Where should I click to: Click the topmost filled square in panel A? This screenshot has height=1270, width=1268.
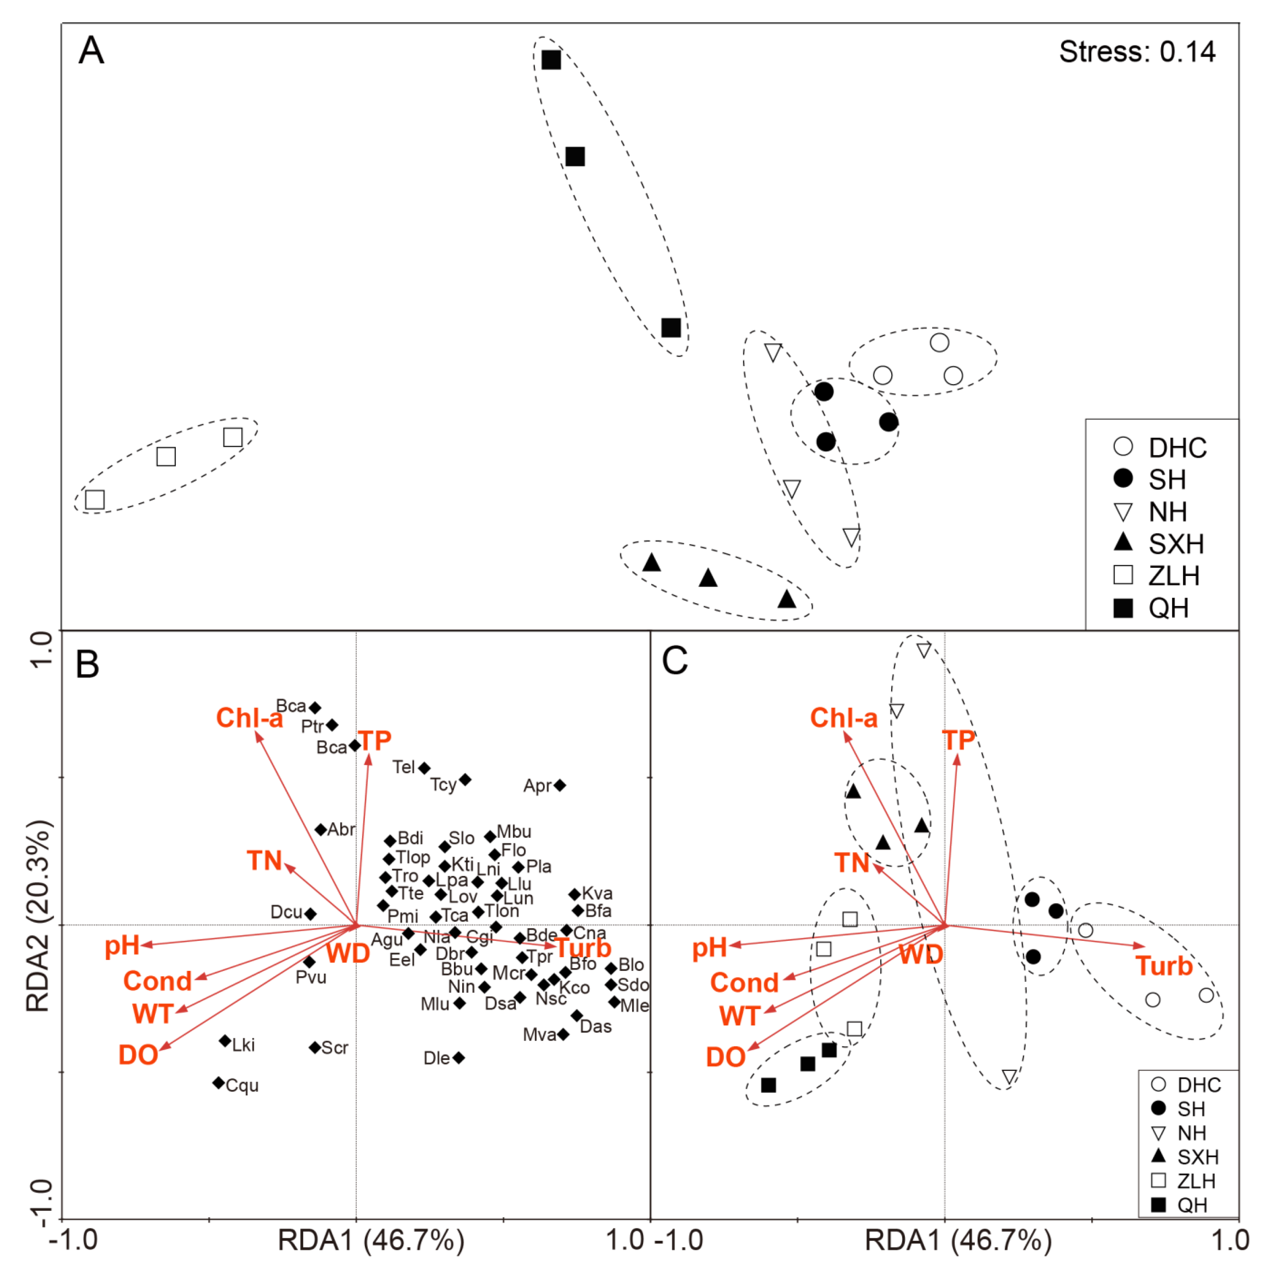coord(551,60)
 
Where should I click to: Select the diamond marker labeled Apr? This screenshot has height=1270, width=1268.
coord(559,785)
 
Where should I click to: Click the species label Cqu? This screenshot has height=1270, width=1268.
coord(242,1085)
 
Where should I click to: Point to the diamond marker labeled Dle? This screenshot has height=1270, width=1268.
coord(459,1058)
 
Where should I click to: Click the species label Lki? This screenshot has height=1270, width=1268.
coord(243,1044)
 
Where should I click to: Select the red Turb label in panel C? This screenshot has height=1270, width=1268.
coord(1163,966)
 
